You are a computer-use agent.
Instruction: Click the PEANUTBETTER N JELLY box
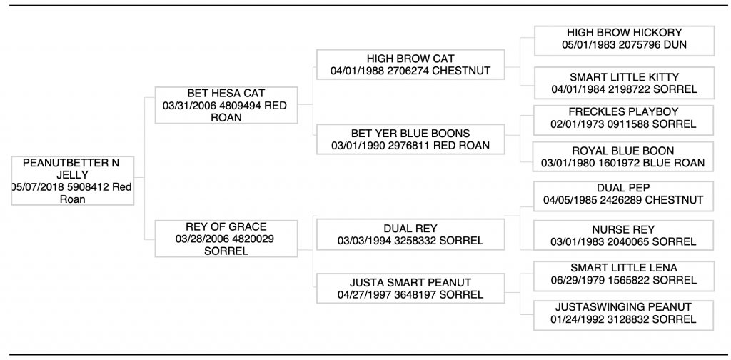(73, 181)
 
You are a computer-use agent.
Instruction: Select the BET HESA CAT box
(226, 105)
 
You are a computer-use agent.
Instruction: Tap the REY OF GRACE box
(226, 239)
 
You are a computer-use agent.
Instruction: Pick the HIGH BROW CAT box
(410, 64)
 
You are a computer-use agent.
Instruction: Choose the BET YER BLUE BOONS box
(410, 139)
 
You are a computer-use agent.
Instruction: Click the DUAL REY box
(410, 234)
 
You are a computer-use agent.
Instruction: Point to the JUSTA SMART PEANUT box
(410, 288)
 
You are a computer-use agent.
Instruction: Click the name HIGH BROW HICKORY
(624, 33)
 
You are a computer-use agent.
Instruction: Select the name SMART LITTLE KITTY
(624, 77)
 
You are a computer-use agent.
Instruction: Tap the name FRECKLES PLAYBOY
(623, 112)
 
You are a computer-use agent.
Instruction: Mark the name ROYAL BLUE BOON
(622, 151)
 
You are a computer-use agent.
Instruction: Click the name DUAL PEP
(623, 187)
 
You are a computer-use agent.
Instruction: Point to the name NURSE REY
(623, 229)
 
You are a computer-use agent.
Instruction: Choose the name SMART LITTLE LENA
(624, 268)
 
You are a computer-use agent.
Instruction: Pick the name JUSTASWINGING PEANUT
(623, 307)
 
